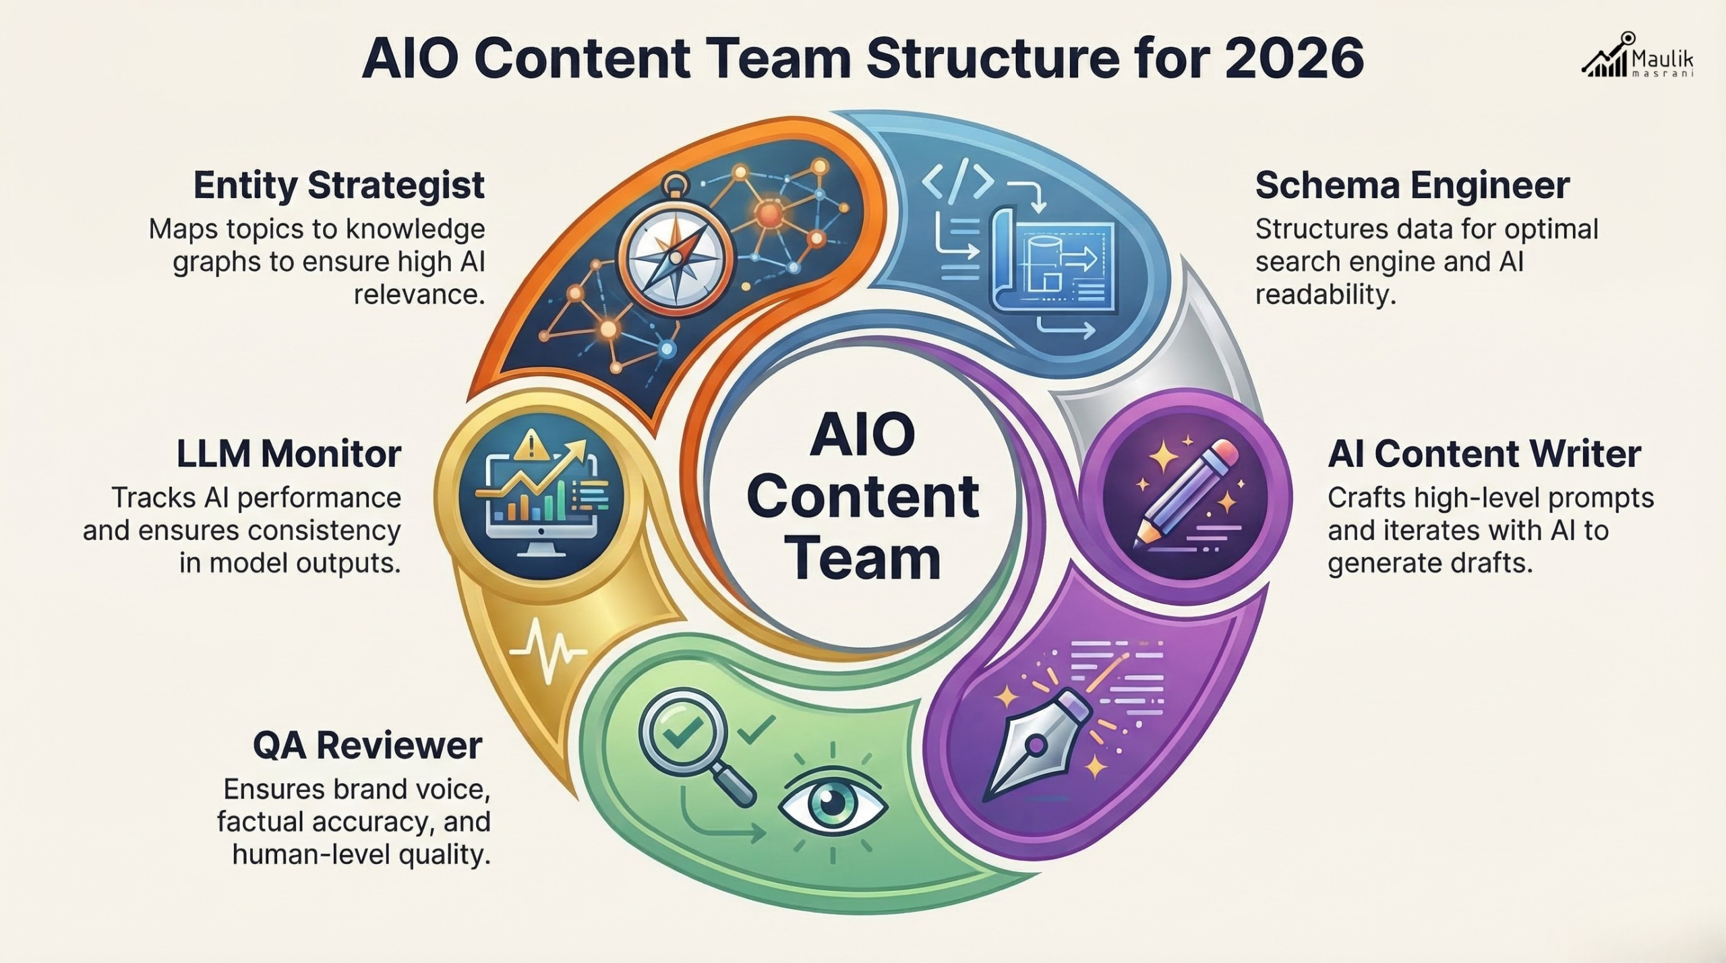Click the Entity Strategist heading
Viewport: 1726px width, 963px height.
click(338, 185)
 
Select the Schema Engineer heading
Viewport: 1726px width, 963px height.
click(1412, 185)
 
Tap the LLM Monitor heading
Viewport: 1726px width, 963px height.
click(289, 454)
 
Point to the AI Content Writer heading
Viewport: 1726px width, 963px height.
click(1484, 454)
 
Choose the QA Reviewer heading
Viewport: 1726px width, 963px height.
click(367, 745)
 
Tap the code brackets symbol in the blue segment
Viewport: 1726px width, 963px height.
click(957, 181)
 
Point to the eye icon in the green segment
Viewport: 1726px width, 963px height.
click(832, 803)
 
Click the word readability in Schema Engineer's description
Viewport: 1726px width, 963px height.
click(1324, 294)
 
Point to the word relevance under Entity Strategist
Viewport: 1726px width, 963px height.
click(419, 294)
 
